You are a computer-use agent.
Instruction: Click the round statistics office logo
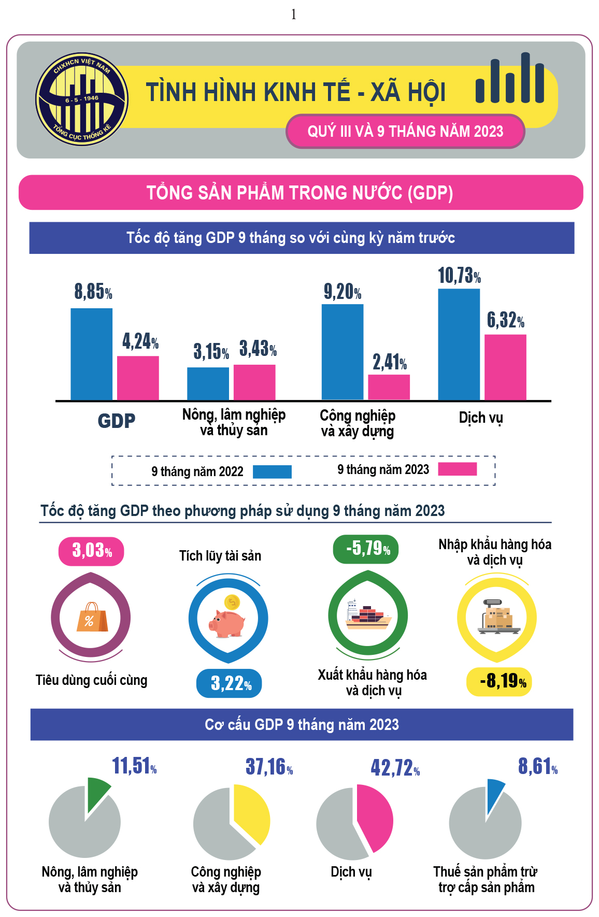82,99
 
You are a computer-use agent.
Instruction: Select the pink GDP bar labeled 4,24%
138,378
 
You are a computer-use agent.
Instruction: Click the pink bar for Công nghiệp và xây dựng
389,387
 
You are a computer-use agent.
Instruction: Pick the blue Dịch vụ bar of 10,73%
459,344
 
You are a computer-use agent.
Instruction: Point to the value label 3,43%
258,349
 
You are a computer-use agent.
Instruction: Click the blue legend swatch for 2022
272,471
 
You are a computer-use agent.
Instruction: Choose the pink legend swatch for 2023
457,469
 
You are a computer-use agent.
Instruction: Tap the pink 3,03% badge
92,551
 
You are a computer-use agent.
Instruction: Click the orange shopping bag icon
92,617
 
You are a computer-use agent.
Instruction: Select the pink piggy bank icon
228,620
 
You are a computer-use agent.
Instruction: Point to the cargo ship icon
368,616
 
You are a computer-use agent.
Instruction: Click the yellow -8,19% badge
499,681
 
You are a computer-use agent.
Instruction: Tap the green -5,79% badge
366,549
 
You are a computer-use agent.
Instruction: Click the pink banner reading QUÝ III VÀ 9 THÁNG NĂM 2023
405,131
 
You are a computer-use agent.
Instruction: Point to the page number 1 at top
294,15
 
